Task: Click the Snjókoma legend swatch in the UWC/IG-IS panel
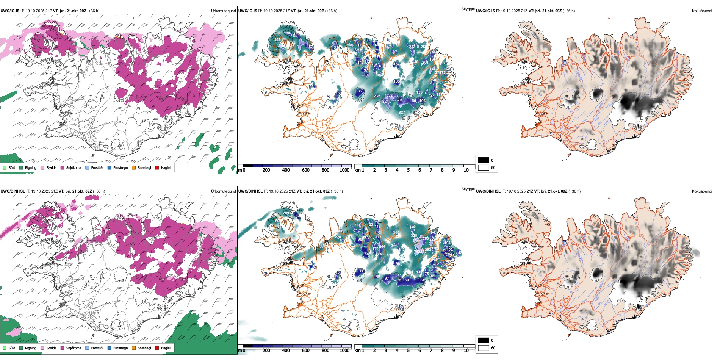tap(63, 167)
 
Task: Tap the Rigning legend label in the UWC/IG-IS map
tap(31, 167)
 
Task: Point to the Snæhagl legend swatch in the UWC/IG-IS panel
tap(134, 167)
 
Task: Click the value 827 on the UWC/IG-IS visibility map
tap(402, 112)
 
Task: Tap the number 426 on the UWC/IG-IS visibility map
tap(278, 40)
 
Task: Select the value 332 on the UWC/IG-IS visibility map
tap(389, 96)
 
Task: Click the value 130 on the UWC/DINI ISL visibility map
tap(406, 280)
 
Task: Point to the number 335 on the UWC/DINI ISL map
tap(412, 227)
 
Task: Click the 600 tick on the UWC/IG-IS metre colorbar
tap(306, 170)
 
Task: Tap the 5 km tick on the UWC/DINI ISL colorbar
tap(408, 351)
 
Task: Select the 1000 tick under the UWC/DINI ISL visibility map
tap(344, 351)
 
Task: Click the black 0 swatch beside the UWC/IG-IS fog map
tap(484, 160)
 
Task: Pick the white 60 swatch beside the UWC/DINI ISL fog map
tap(484, 347)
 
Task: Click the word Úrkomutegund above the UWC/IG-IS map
tap(223, 11)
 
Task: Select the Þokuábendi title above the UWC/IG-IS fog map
tap(702, 11)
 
